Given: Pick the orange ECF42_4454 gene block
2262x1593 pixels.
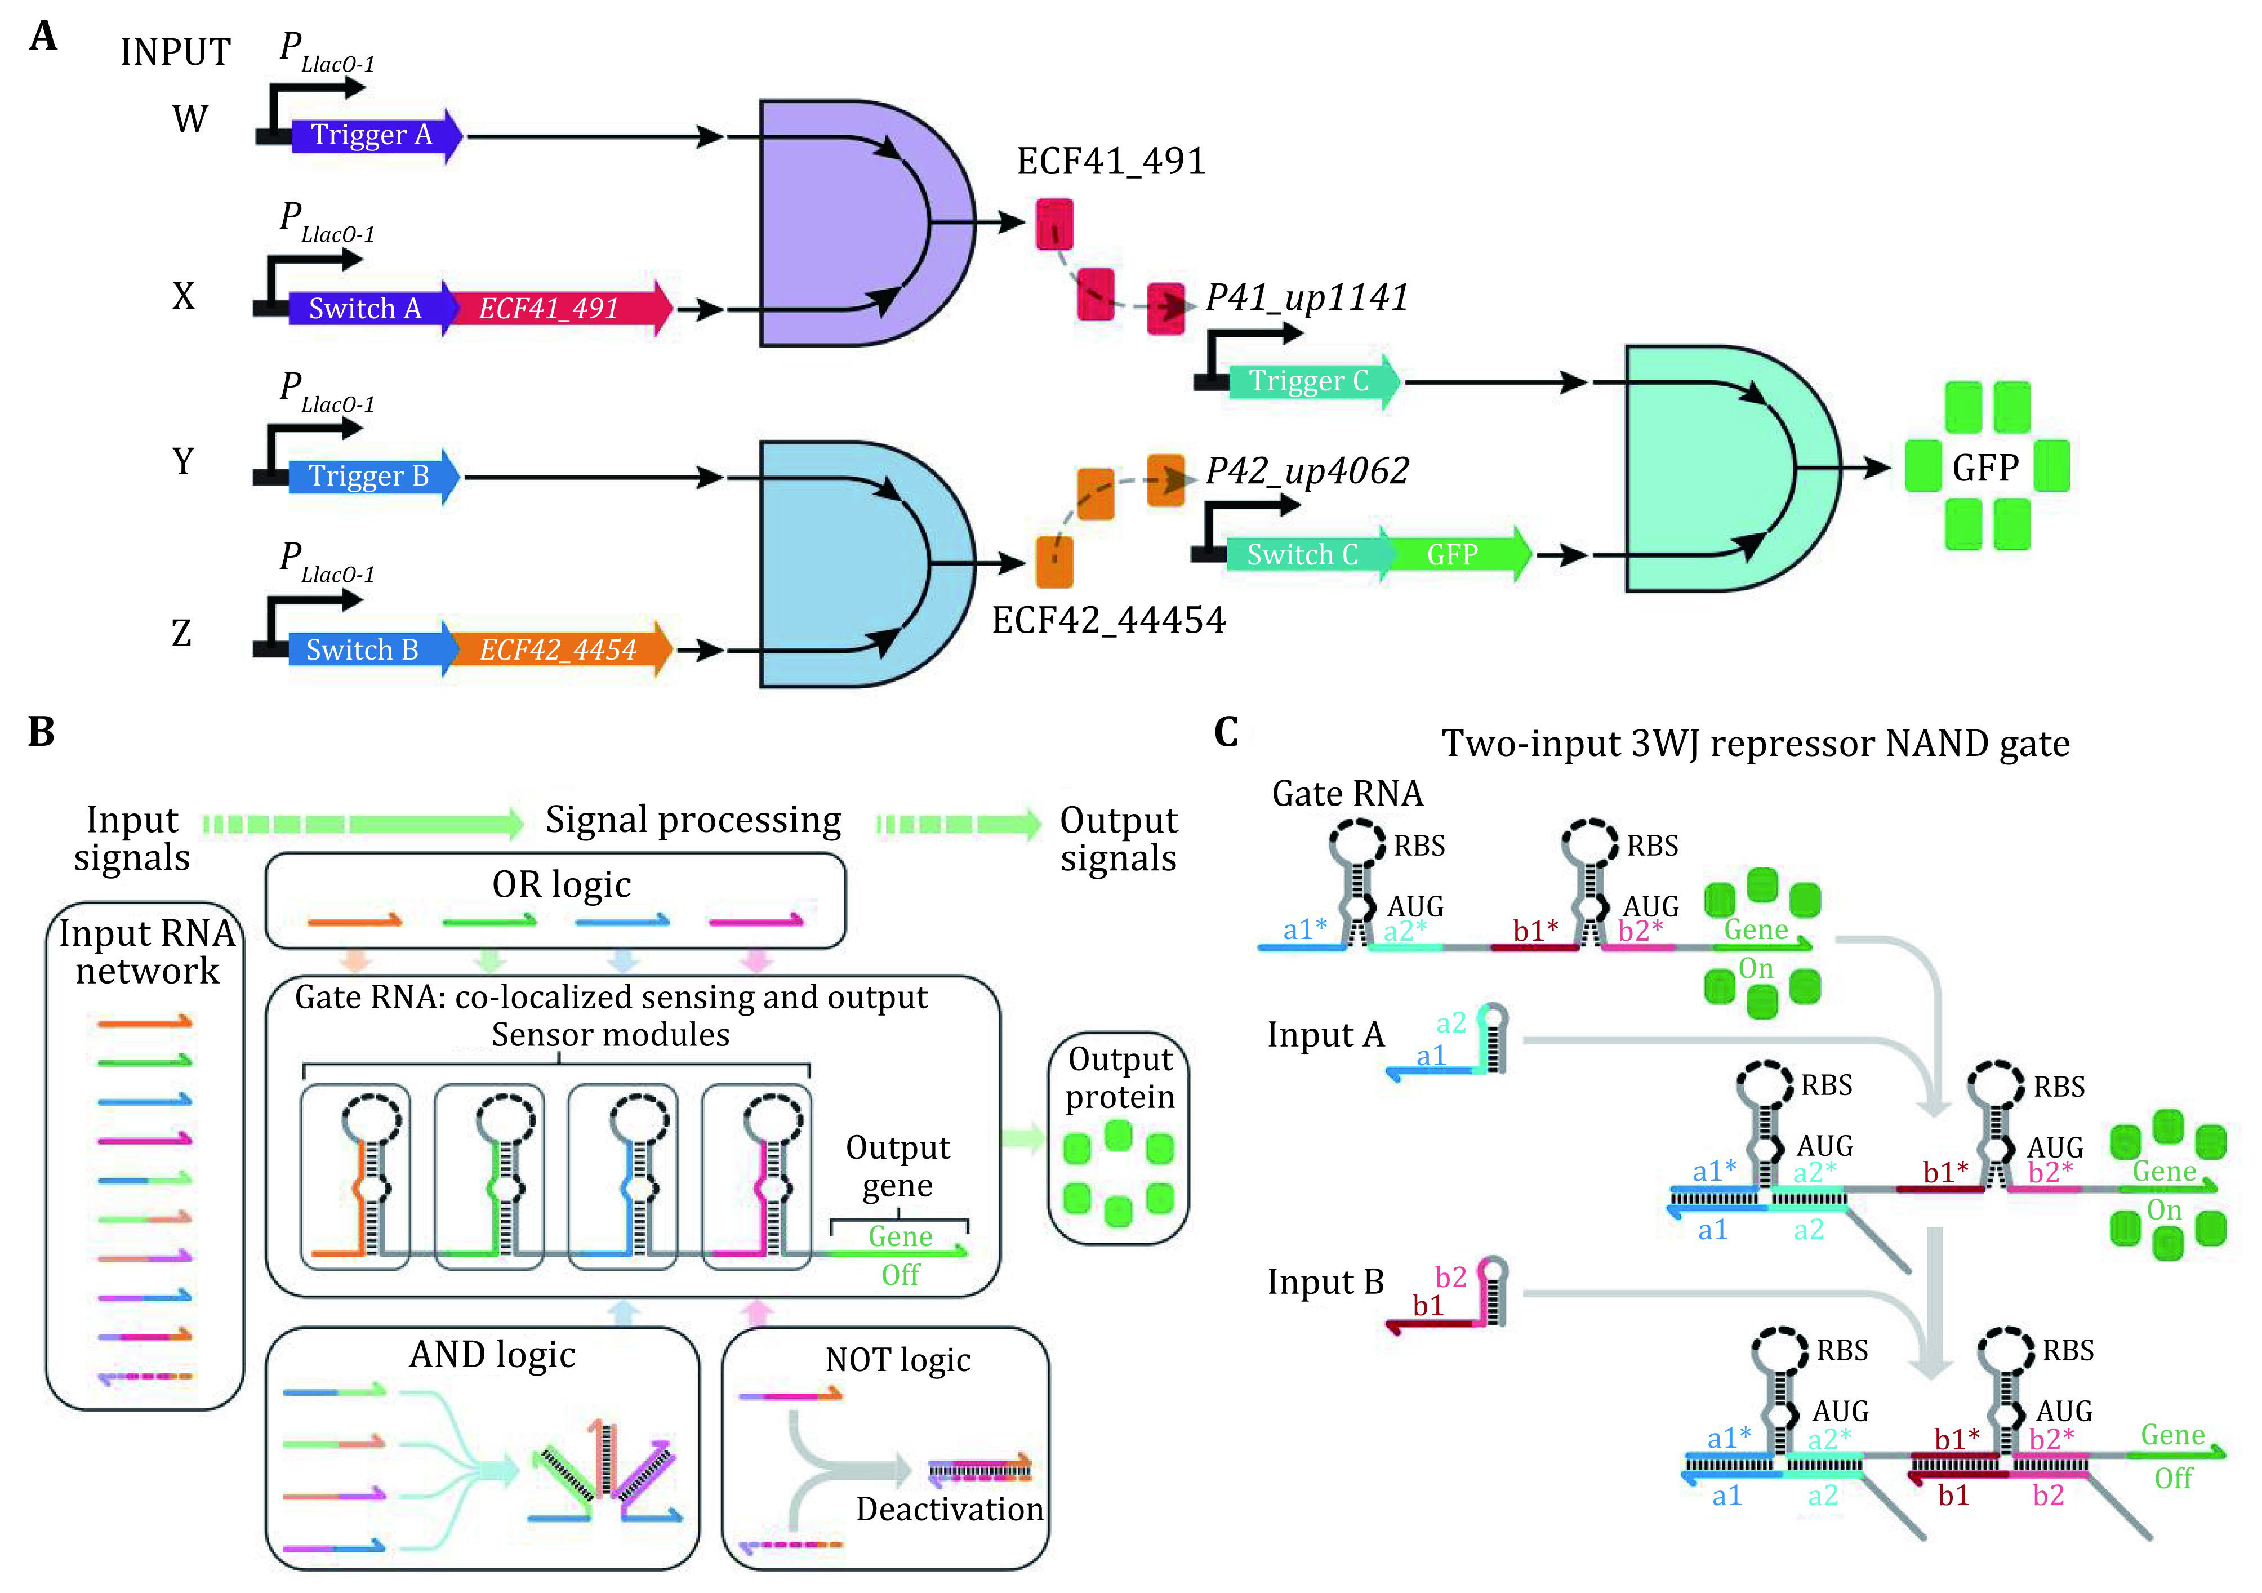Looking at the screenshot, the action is tap(560, 649).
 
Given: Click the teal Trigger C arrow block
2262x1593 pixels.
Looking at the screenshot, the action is tap(1314, 381).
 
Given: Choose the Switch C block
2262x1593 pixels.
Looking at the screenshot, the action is tap(1308, 555).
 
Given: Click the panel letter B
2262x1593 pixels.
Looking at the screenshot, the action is tap(41, 731).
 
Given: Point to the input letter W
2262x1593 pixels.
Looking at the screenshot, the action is tap(190, 119).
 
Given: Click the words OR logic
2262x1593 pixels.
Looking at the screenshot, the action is tap(562, 885).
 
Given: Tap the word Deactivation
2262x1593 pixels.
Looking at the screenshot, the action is tap(950, 1509).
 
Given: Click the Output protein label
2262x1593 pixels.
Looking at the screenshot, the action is tap(1120, 1078).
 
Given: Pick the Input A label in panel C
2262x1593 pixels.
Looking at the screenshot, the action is tap(1326, 1034).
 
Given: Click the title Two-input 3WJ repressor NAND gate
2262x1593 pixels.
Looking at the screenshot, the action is tap(1756, 744).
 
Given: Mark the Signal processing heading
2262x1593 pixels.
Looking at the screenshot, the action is tap(693, 820).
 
